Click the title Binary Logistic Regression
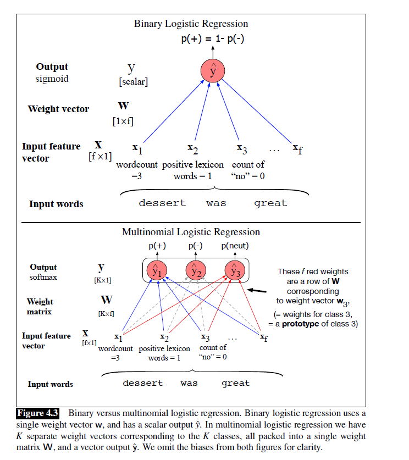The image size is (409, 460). pos(191,24)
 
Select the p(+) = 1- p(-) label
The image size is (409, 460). pos(213,40)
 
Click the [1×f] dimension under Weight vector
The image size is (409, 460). pos(123,121)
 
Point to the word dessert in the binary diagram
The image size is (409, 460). pos(162,203)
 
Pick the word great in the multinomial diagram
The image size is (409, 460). pos(235,383)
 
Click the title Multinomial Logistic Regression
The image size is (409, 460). pos(191,232)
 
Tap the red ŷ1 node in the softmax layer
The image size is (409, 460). pos(157,270)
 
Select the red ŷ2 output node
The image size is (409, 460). pos(196,270)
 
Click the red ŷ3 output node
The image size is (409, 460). pos(235,270)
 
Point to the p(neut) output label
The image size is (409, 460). pos(235,246)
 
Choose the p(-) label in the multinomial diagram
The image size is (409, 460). pos(196,246)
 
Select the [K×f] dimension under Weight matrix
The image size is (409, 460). pos(106,314)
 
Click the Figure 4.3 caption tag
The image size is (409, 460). pos(38,413)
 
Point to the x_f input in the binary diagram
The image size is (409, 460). pos(297,148)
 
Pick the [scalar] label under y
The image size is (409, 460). pos(133,82)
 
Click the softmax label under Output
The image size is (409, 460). pos(43,277)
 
